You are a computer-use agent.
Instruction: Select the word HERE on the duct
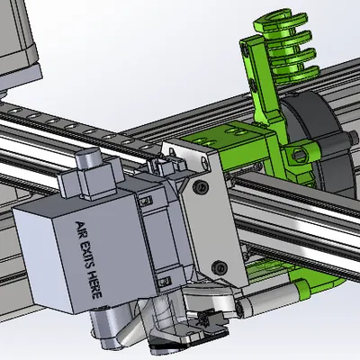click(95, 284)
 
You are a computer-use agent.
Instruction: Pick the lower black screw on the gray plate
click(220, 267)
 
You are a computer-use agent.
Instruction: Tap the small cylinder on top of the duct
click(87, 158)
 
